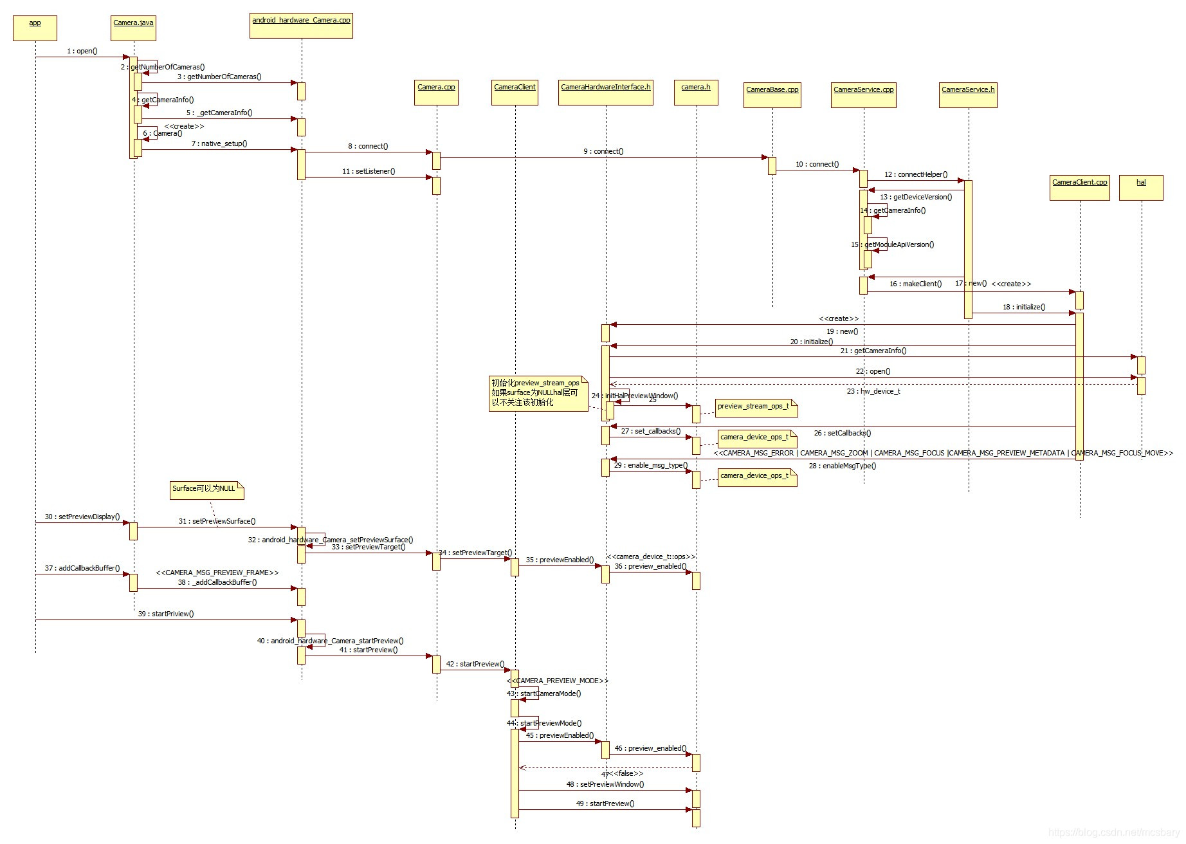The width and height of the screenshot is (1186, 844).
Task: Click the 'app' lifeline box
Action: coord(35,28)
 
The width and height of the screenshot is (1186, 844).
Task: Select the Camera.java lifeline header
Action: coord(133,28)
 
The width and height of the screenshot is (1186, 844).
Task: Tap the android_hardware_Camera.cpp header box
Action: coord(301,25)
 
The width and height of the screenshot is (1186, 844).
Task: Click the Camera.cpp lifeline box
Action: coord(436,92)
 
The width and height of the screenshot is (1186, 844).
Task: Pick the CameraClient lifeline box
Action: coord(515,92)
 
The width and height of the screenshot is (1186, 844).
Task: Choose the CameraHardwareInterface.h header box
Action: coord(605,92)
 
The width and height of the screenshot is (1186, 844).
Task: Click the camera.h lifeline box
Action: coord(696,92)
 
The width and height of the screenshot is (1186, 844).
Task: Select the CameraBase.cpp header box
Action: coord(772,95)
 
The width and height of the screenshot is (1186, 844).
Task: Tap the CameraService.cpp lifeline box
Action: coord(863,95)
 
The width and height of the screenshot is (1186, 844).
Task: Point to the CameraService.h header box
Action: coord(968,95)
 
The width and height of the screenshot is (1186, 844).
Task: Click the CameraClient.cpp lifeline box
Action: coord(1079,187)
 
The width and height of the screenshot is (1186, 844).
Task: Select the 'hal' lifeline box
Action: coord(1141,187)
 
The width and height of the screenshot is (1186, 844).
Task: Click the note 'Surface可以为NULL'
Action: coord(206,490)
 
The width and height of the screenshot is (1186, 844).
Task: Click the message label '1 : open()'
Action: coord(82,51)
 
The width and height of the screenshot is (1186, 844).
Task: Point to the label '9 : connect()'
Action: coord(603,151)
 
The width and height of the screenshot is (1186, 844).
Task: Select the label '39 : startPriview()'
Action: coord(165,614)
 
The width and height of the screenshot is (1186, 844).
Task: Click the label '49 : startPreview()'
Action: coord(605,803)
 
